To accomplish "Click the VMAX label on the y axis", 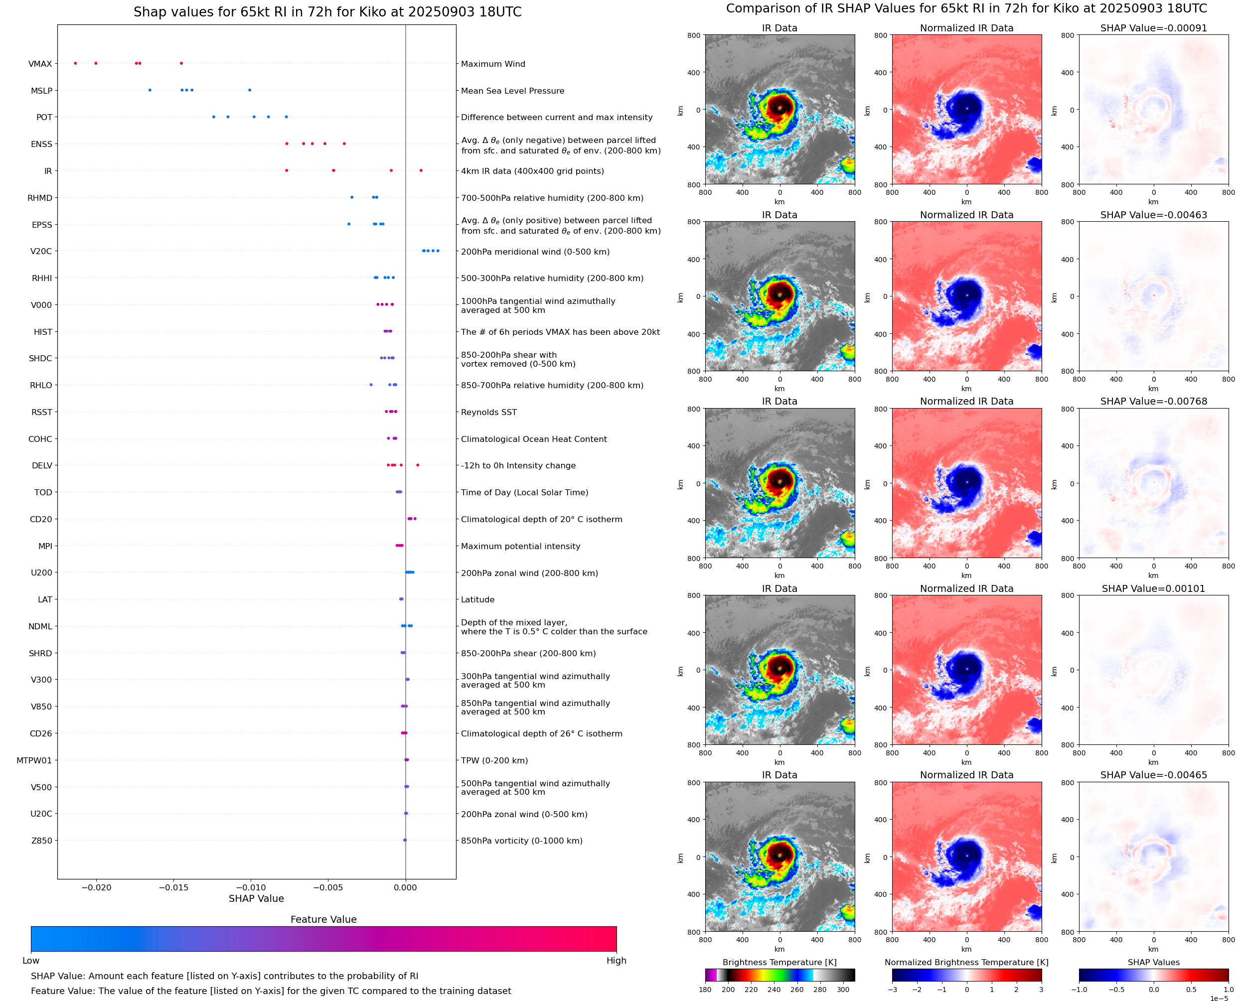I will click(40, 64).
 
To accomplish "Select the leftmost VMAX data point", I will click(76, 63).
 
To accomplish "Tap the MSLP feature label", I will click(41, 91).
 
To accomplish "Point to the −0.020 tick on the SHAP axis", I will click(96, 887).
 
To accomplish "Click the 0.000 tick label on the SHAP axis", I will click(405, 887).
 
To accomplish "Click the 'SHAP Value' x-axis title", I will click(256, 898).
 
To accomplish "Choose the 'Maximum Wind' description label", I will click(493, 64).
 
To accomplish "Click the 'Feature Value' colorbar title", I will click(323, 919).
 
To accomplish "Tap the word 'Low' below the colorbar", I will click(30, 961).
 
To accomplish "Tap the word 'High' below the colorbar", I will click(616, 961).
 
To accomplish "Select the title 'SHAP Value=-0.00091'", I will click(1153, 28).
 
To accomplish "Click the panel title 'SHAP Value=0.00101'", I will click(1153, 589).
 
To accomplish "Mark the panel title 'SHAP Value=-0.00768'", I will click(1153, 401).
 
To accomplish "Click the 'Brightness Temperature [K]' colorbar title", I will click(779, 962).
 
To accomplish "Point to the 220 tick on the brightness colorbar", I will click(751, 990).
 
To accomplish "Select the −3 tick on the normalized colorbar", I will click(892, 990).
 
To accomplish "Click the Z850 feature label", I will click(41, 841).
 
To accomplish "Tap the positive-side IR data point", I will click(421, 171).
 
